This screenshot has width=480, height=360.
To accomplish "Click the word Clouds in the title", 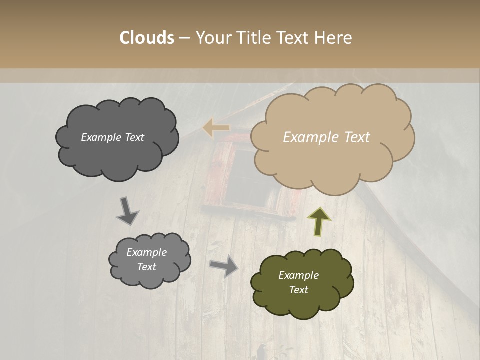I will click(x=147, y=38).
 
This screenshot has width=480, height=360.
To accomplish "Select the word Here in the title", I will click(x=333, y=38).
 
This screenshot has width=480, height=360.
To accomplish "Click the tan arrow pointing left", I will click(x=216, y=128).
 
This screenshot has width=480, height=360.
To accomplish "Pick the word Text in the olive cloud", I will click(x=298, y=290).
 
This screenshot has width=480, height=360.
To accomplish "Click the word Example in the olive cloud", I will click(x=298, y=275).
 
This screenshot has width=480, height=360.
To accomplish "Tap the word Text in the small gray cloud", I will click(x=146, y=267).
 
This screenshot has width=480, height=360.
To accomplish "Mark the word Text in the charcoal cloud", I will click(x=134, y=137).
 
